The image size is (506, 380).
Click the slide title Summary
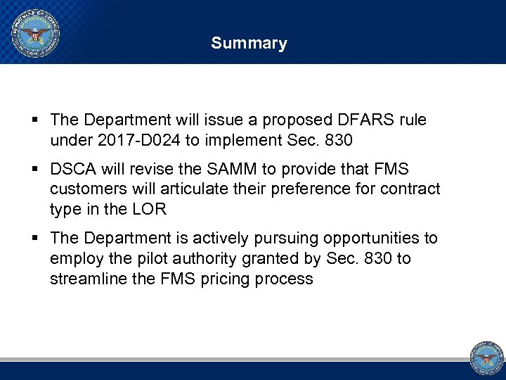click(249, 44)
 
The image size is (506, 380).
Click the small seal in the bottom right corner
click(486, 357)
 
